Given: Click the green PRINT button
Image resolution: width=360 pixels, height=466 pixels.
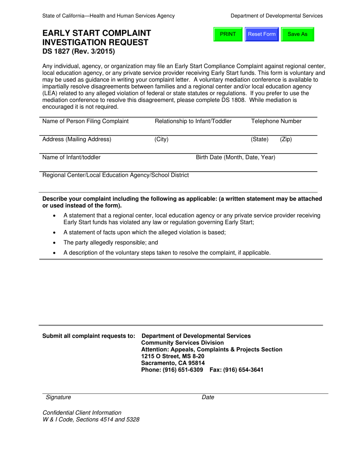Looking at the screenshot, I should pos(228,34).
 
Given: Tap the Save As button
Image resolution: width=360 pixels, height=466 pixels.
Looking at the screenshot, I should pos(297,34).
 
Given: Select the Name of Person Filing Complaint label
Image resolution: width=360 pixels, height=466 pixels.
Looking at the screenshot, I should pos(85,121).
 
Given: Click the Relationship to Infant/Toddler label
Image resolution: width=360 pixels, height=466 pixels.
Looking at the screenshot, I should pos(193,121).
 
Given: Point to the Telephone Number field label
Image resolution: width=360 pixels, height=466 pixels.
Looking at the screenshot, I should pos(276,121).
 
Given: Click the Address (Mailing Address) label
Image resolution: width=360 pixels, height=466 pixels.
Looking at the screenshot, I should pos(77,139).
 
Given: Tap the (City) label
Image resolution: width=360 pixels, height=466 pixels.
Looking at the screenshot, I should pos(161,139).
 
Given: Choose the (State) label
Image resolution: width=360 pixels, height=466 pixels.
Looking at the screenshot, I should pos(260,139).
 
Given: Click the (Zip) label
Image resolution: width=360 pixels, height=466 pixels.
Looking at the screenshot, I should pos(286,139).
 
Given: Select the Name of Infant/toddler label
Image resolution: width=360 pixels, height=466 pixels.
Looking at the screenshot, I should pos(71,157).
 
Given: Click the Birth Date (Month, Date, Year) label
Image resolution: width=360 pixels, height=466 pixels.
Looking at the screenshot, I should pos(235,157).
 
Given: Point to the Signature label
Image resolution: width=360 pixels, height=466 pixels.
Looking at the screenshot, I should pos(58,397).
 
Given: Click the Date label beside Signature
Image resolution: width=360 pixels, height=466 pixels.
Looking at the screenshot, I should pos(208,397).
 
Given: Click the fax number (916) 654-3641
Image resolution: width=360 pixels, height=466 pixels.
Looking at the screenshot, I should pos(243,370).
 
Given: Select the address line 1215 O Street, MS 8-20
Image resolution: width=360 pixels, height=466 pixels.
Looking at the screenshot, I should pos(173,356).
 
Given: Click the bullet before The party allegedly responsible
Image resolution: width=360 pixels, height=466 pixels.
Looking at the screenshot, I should pos(56,242).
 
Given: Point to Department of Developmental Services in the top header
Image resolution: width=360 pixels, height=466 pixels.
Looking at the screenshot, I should pos(277,16).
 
